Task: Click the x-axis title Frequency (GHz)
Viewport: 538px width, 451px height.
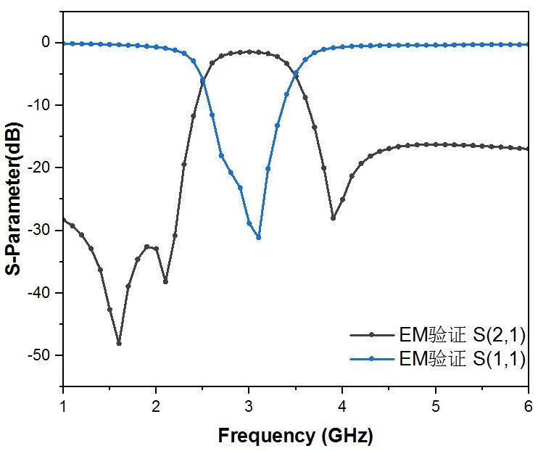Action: point(296,436)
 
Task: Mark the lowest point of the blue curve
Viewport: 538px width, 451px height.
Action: point(258,237)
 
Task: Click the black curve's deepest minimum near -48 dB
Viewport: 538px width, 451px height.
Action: point(119,343)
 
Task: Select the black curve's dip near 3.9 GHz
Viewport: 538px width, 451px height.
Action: point(333,218)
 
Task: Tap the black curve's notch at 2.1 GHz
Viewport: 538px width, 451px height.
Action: point(165,281)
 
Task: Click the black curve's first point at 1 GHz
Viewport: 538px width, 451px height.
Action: point(63,219)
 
